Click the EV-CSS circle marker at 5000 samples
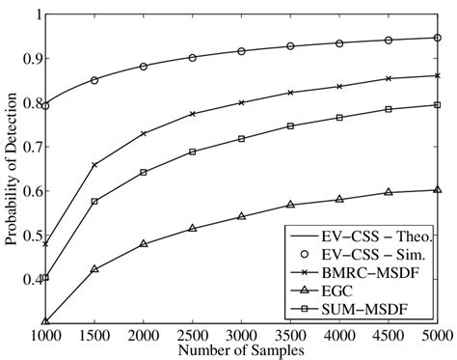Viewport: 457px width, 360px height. click(x=438, y=38)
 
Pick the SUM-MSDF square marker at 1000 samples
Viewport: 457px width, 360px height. click(x=45, y=277)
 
